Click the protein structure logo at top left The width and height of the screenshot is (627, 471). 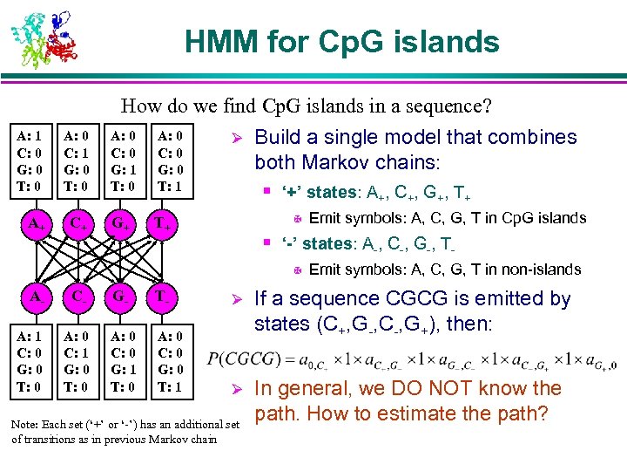[x=43, y=38]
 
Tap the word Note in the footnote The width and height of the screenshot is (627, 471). [x=24, y=425]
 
